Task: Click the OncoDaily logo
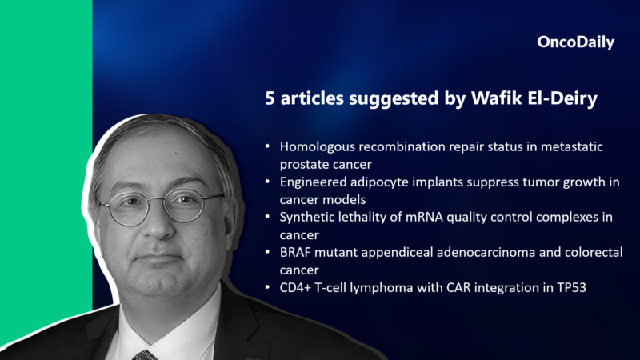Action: click(575, 43)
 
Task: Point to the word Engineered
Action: click(313, 182)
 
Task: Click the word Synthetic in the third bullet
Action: click(307, 218)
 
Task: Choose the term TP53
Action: click(570, 288)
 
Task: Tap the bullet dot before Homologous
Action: click(266, 148)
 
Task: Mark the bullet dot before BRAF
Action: click(266, 254)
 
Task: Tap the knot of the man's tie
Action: click(145, 354)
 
